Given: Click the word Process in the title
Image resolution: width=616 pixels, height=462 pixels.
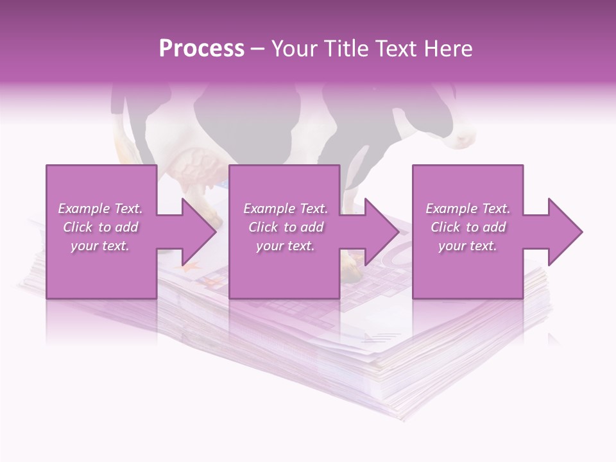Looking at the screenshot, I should [201, 49].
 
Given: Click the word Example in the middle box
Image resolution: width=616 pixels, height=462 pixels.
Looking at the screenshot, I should [268, 209].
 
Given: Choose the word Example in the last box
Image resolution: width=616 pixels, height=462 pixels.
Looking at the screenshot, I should [450, 209].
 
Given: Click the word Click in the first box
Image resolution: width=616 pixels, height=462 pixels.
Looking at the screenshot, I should [78, 227].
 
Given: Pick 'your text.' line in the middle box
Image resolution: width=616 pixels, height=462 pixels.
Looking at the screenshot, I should [286, 246].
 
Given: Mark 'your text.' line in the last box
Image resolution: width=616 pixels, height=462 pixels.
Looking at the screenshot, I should [468, 246].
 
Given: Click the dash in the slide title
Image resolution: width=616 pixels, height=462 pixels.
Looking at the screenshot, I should [257, 49].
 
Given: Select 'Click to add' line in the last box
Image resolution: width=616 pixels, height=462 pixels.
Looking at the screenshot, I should [468, 227].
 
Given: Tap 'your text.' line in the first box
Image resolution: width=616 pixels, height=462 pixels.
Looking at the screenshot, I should [100, 246].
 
